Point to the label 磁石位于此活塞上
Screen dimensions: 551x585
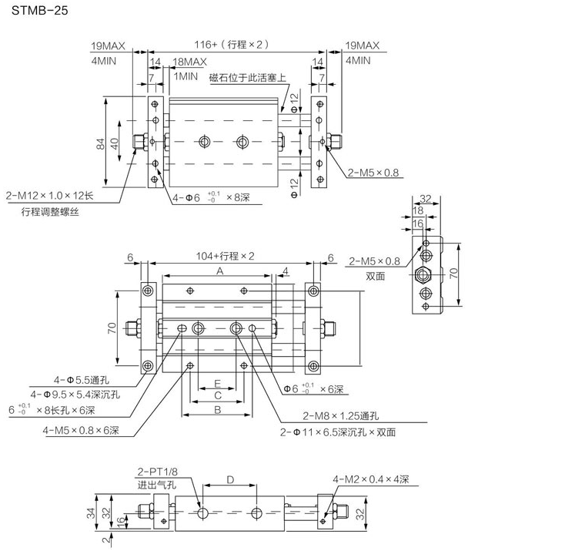click(247, 78)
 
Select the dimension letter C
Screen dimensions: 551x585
click(218, 396)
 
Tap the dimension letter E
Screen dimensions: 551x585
click(218, 382)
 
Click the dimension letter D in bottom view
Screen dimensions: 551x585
click(229, 480)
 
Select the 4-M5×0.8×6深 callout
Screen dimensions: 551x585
click(81, 430)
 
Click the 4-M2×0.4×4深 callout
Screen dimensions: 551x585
click(370, 479)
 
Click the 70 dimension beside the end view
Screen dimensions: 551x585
click(453, 273)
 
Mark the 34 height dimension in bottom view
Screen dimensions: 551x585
click(91, 512)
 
